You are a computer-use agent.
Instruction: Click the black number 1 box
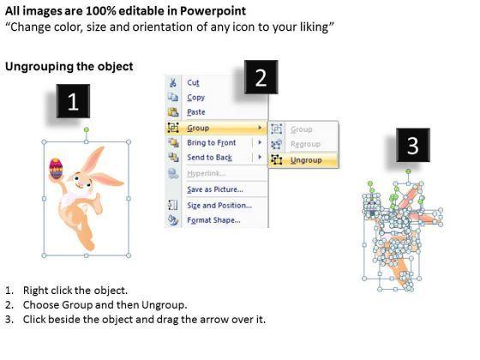[x=73, y=101]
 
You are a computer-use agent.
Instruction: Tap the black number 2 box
[x=261, y=77]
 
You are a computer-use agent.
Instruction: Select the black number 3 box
[x=413, y=145]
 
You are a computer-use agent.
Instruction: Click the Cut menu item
[x=193, y=82]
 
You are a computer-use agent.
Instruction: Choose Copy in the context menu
[x=196, y=98]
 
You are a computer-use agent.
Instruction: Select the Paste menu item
[x=196, y=112]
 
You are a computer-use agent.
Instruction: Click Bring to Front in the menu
[x=212, y=142]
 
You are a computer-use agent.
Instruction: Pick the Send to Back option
[x=210, y=158]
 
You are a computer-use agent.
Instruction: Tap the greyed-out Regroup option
[x=305, y=144]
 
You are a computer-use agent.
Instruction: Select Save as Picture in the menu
[x=215, y=189]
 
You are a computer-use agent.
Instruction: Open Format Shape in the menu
[x=213, y=220]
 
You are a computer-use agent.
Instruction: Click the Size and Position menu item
[x=219, y=206]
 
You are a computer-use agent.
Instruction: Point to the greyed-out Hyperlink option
[x=207, y=173]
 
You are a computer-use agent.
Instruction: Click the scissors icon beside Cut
[x=173, y=82]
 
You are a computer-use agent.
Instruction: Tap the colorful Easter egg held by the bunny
[x=56, y=168]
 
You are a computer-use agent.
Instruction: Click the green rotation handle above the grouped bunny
[x=87, y=129]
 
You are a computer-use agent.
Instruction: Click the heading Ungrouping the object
[x=69, y=67]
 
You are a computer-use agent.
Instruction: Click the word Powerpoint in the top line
[x=213, y=11]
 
